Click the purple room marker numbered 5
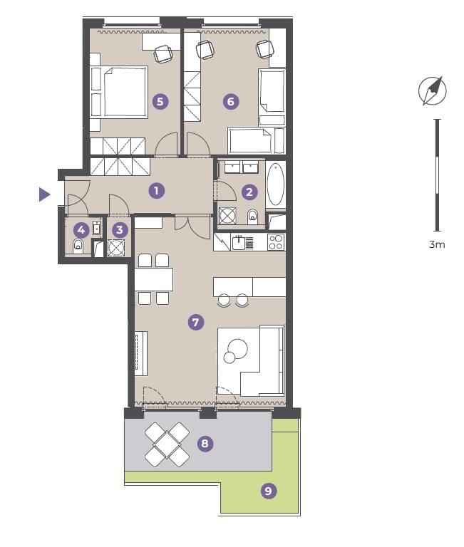160,102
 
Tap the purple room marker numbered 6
231,102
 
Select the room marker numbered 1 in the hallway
156,190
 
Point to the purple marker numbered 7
196,322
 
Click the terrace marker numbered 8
205,444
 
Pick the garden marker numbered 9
269,491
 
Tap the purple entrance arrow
44,194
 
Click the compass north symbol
433,90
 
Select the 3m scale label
437,244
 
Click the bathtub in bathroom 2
275,184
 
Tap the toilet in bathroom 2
252,217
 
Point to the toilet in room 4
78,246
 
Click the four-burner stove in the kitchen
276,241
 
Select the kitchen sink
239,242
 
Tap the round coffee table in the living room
237,349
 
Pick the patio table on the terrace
167,444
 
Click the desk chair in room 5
163,54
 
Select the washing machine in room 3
116,248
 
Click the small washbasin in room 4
96,229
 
